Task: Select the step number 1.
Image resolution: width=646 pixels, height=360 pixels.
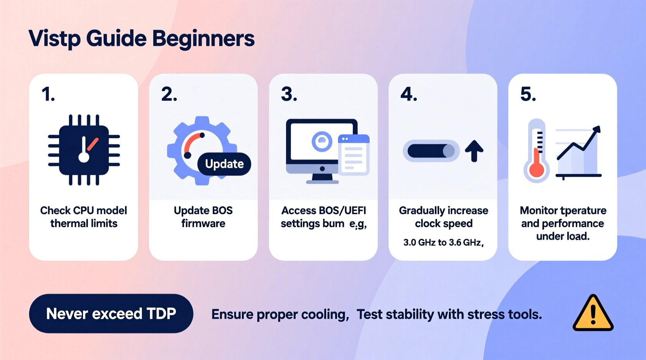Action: tap(48, 94)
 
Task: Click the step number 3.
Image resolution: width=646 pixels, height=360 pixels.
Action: tap(289, 94)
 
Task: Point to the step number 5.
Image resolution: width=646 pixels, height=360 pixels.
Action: tap(528, 94)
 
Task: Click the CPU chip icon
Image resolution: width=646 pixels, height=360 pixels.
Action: tap(84, 150)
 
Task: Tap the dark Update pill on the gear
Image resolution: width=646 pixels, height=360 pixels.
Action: tap(224, 164)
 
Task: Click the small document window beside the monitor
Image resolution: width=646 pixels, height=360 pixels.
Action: tap(354, 155)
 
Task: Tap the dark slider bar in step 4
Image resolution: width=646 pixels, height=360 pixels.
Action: tap(431, 151)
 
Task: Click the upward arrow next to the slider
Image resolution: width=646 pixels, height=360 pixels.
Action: tap(474, 151)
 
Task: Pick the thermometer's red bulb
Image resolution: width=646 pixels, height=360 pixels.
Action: tap(537, 170)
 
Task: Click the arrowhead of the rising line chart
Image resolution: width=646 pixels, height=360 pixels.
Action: tap(596, 130)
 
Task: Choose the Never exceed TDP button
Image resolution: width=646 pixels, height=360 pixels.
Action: tap(111, 313)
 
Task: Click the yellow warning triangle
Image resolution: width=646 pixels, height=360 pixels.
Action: tap(593, 313)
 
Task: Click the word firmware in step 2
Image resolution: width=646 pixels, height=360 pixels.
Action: tap(203, 223)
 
